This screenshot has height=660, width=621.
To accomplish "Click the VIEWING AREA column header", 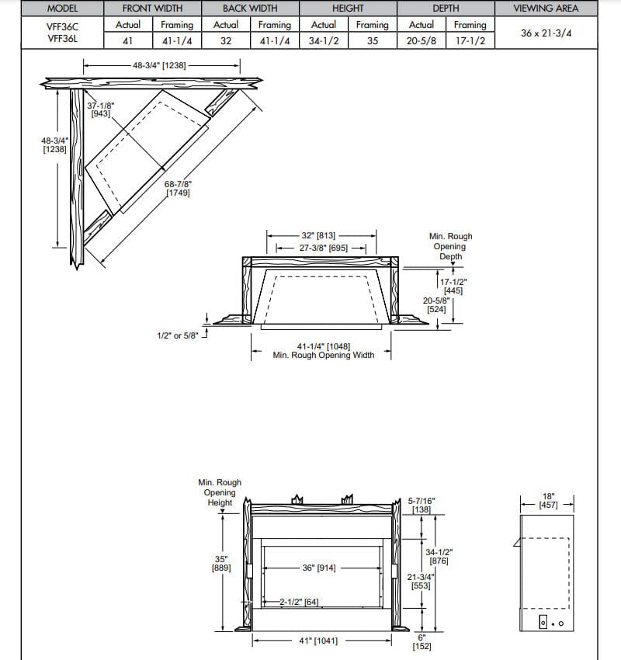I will pos(545,9).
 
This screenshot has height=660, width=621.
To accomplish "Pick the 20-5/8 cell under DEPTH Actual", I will pos(421,40).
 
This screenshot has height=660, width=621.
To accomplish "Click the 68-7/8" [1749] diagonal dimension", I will pos(178,189).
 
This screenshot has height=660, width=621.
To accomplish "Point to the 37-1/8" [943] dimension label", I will pos(99,109).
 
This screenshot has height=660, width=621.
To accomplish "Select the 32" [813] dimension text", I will pos(317,235).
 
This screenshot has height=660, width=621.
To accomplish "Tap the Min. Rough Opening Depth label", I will pos(450,246).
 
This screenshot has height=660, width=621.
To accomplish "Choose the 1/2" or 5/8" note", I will pos(178,335).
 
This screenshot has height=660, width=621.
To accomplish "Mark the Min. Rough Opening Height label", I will pos(220,492).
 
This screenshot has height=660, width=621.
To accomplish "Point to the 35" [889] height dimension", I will pos(220,563).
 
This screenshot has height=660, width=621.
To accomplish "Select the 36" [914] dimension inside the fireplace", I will pos(319,568).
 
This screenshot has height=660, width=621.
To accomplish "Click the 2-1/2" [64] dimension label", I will pos(301,602).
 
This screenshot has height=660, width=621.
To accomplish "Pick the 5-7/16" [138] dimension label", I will pos(421,505).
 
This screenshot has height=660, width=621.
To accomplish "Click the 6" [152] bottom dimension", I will pos(422,641).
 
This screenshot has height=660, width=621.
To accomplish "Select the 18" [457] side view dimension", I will pos(549,500).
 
